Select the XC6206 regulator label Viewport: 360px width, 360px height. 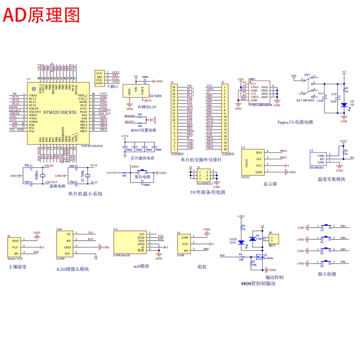click(x=156, y=96)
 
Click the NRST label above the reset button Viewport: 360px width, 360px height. click(x=135, y=167)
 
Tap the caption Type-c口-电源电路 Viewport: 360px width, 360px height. click(x=295, y=122)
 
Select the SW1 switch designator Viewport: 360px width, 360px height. click(x=307, y=75)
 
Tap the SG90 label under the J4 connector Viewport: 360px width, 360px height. click(x=181, y=255)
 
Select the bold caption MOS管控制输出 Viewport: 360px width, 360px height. click(x=258, y=283)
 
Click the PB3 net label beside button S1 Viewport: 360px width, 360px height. click(x=343, y=226)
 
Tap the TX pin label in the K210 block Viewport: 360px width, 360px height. click(x=68, y=234)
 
